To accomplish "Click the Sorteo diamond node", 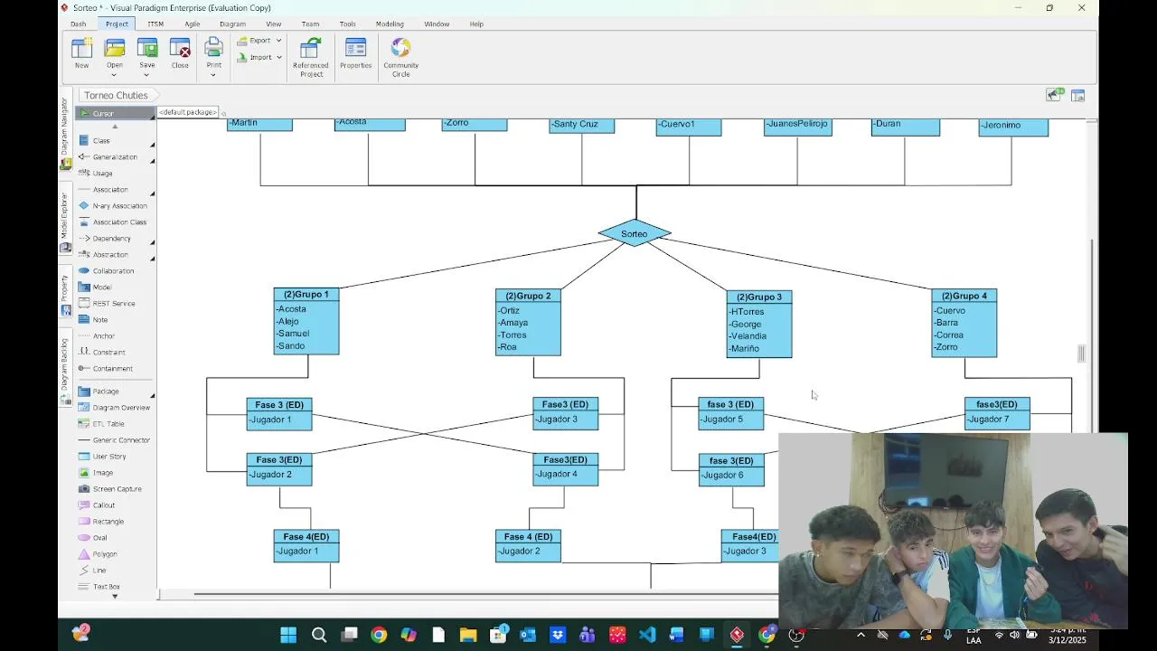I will coord(635,233).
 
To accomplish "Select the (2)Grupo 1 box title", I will coord(306,294).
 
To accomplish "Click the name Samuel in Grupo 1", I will coord(294,334).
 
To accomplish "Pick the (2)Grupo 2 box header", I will coord(528,296).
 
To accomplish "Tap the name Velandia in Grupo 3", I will coord(748,336).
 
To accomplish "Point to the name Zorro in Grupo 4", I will coord(946,347).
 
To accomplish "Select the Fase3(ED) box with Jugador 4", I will coord(565,467).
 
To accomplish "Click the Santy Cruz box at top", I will coord(581,125).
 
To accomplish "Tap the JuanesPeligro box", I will coord(796,125).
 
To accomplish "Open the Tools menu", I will coord(347,24).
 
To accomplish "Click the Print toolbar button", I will coord(213,53).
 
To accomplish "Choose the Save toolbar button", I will coord(147,53).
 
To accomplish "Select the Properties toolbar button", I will coord(355,53).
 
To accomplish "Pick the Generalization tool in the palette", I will coord(114,157).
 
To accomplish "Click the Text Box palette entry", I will coord(106,587).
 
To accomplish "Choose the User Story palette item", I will coord(108,457).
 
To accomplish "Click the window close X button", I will coord(1081,8).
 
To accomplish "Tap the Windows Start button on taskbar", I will coord(288,635).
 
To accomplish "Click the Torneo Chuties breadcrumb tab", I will coord(116,95).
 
